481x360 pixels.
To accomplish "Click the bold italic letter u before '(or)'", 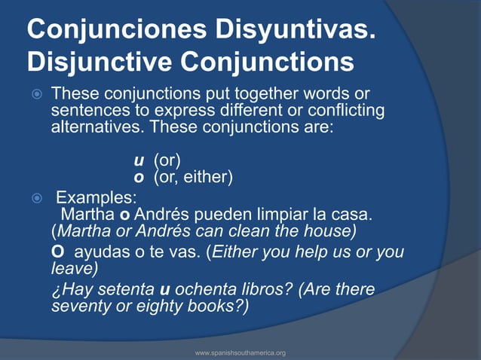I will tap(138, 160).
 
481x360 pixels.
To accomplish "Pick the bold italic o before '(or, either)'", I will tap(138, 177).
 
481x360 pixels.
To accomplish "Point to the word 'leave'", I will tap(72, 267).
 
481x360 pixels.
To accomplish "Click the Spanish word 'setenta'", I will tap(124, 290).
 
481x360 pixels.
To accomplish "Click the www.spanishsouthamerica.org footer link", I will tap(240, 352).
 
